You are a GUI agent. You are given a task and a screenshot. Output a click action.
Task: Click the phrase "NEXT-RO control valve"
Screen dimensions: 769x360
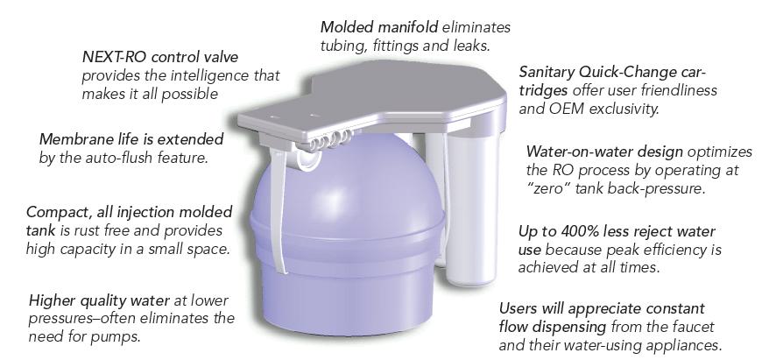[x=160, y=57]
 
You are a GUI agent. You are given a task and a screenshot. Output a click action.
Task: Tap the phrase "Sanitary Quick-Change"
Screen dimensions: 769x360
[x=596, y=73]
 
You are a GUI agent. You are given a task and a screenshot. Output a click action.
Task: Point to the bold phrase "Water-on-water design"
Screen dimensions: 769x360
[x=604, y=152]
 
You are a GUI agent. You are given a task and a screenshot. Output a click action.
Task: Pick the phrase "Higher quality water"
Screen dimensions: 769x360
[x=100, y=300]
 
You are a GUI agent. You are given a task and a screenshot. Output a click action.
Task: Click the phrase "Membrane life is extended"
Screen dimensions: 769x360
[x=131, y=139]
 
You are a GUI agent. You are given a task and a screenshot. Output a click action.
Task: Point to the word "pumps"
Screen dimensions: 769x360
[x=111, y=338]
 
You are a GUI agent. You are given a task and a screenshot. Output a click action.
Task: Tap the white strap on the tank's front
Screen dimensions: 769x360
[x=278, y=211]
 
